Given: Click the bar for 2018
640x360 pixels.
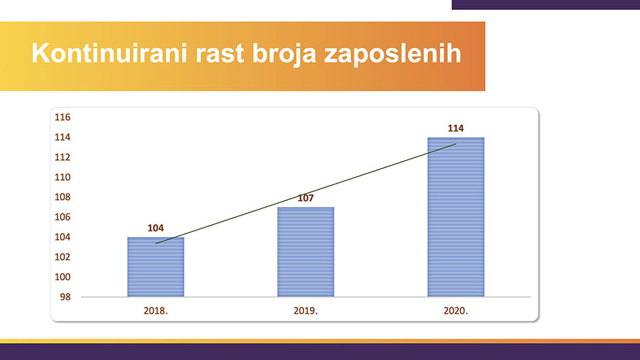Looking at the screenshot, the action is [x=156, y=267].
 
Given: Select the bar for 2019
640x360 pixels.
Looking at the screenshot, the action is [x=306, y=252].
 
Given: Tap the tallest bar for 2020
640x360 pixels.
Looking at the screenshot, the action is [x=456, y=217].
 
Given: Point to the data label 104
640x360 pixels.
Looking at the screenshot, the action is [x=156, y=228].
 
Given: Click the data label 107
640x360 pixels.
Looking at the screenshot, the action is [x=306, y=198].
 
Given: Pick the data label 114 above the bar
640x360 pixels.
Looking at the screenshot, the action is [x=456, y=128].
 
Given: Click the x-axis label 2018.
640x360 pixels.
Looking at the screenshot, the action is [x=156, y=311].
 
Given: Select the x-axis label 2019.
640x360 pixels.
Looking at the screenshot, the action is [x=306, y=311].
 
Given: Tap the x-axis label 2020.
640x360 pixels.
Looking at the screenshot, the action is [x=456, y=311].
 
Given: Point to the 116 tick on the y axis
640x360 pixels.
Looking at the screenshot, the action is [x=63, y=117].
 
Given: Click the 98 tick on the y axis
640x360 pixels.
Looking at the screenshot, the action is [x=65, y=297].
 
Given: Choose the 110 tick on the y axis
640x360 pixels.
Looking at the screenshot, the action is [x=63, y=177].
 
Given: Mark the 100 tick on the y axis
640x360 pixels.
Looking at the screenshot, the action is [x=63, y=277].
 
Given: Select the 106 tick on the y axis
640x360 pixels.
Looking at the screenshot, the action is [x=63, y=217].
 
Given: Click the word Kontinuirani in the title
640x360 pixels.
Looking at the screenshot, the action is [x=110, y=53].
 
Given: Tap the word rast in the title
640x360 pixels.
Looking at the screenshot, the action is [x=220, y=54].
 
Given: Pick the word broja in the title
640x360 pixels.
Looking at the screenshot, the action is [x=284, y=54].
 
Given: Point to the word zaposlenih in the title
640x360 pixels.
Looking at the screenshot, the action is [x=393, y=54].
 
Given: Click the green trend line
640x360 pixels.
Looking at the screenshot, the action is [x=306, y=194].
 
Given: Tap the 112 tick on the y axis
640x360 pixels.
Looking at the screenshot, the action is [x=63, y=157].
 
